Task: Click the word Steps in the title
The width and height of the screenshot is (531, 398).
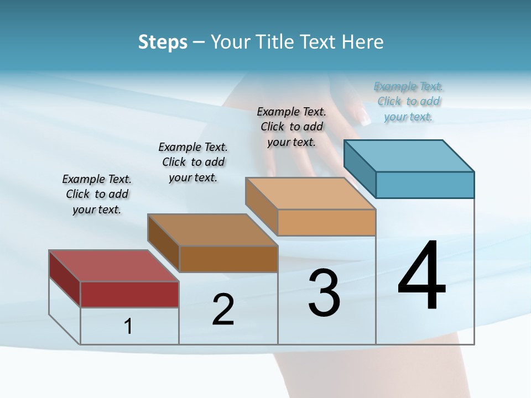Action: [163, 42]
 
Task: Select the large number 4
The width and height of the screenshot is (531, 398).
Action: [421, 276]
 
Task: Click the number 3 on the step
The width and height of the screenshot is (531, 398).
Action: [324, 293]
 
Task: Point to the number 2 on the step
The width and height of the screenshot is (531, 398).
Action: [223, 310]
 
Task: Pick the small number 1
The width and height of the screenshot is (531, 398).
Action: [128, 327]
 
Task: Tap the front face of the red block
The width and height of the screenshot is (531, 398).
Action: [129, 294]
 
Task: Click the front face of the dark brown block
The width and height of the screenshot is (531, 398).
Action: [228, 259]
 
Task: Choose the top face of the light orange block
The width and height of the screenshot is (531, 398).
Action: [310, 193]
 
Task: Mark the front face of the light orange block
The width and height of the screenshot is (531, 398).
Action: [326, 222]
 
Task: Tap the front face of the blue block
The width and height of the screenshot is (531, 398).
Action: [425, 185]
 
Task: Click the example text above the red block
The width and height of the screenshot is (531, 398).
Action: [97, 194]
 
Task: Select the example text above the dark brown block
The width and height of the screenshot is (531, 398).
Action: [193, 162]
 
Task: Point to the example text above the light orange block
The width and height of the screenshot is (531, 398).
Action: [291, 127]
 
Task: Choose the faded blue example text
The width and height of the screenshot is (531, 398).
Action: [409, 101]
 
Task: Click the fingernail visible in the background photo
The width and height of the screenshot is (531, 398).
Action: [365, 116]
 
